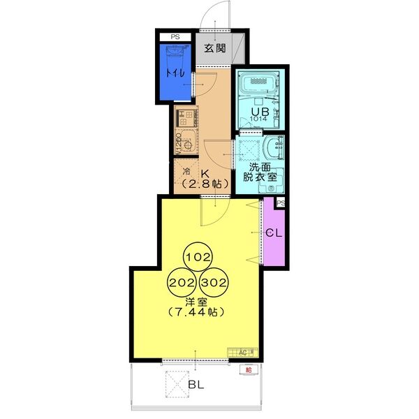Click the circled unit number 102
198,257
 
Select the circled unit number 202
182,284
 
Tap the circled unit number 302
214,284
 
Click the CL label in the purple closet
273,233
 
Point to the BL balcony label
197,385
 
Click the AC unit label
244,351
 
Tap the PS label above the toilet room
173,37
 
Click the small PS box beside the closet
281,203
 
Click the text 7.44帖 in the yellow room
196,312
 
